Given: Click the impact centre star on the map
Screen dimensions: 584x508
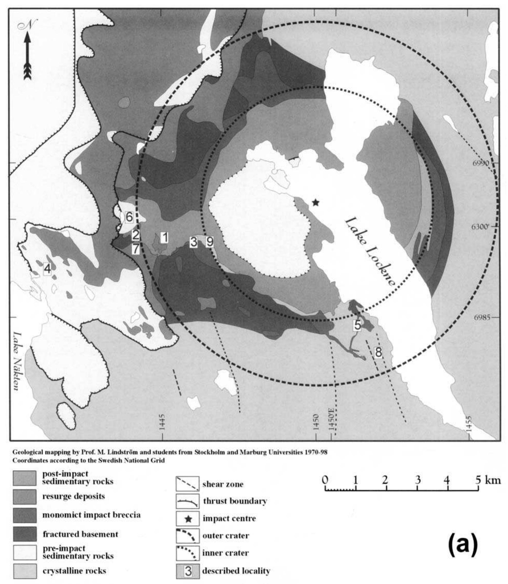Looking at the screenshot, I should click(316, 202).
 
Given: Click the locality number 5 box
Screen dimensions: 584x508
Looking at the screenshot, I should click(358, 325).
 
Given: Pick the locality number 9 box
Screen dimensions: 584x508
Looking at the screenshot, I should click(209, 242).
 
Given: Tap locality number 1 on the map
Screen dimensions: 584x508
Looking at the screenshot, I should click(164, 237).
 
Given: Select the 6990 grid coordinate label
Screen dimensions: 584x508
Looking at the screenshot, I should click(481, 163).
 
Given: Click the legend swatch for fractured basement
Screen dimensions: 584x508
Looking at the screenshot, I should click(25, 534).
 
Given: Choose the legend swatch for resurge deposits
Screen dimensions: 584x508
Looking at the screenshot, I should click(25, 497).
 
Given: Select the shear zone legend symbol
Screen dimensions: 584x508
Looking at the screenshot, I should click(187, 484).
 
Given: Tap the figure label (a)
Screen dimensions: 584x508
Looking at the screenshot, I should click(462, 543).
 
